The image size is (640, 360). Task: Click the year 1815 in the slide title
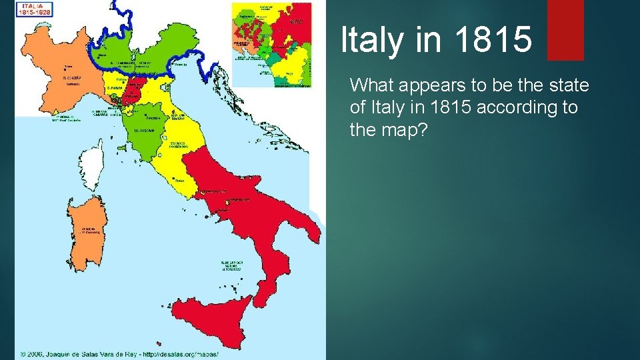coord(495,40)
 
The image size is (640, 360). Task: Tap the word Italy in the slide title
coord(372,40)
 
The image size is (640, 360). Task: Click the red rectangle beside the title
coord(565,29)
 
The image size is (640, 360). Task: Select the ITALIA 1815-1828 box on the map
coord(36,9)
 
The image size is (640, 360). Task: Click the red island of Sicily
coord(211,315)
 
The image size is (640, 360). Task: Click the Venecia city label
coord(178,65)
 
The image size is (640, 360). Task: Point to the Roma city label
coord(179,180)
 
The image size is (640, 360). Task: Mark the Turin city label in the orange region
coord(68,67)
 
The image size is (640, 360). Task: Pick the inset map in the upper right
coord(271,45)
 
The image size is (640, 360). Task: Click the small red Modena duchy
coord(137,86)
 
